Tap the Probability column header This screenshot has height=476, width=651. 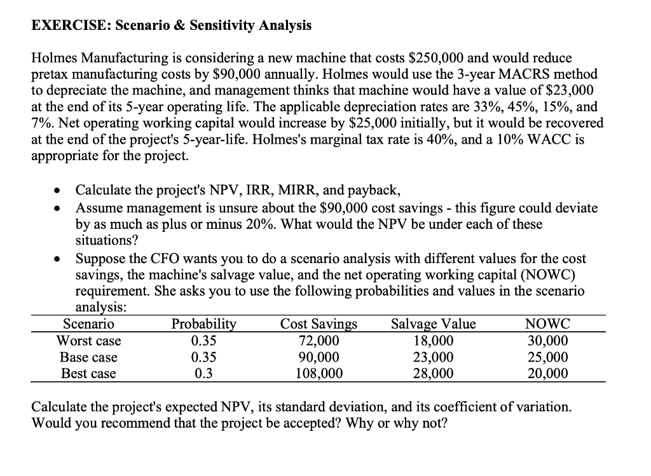(x=203, y=325)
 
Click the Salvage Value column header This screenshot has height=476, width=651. (x=434, y=325)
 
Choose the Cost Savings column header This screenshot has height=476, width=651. (x=319, y=325)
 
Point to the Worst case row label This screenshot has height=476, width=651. (x=88, y=341)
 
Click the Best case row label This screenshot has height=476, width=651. (x=88, y=374)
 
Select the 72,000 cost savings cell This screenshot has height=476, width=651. (x=319, y=341)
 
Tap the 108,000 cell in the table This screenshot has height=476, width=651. (x=319, y=374)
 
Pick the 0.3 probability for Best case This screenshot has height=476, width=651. (x=203, y=374)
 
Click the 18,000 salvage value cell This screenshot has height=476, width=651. (x=434, y=341)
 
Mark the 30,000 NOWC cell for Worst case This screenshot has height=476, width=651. (x=548, y=341)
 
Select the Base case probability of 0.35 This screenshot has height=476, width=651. (x=203, y=357)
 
